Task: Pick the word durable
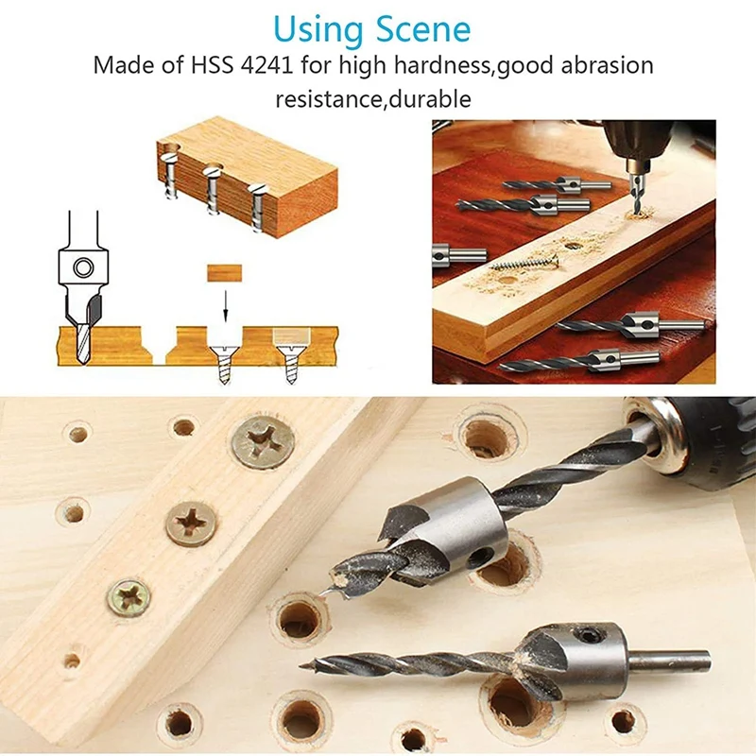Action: pos(436,98)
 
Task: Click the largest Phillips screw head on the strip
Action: pos(262,440)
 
